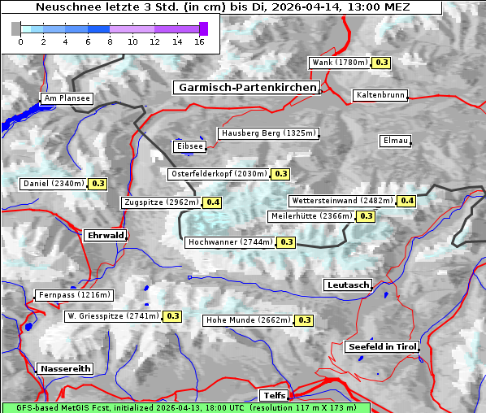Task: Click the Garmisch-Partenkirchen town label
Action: [246, 87]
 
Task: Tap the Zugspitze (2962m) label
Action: [161, 202]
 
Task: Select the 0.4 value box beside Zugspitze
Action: [213, 202]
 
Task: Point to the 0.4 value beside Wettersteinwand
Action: [407, 201]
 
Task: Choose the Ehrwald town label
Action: [106, 235]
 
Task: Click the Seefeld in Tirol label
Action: [382, 346]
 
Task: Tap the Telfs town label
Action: [272, 395]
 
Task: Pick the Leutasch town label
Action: [348, 285]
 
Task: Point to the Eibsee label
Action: [189, 146]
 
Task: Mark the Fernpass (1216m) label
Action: [74, 295]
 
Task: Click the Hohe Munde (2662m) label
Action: [248, 320]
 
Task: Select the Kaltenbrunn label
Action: [380, 95]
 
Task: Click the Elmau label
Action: [395, 141]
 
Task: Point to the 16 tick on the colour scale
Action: [198, 42]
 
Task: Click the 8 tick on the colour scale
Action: [110, 42]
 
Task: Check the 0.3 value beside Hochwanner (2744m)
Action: [287, 242]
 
